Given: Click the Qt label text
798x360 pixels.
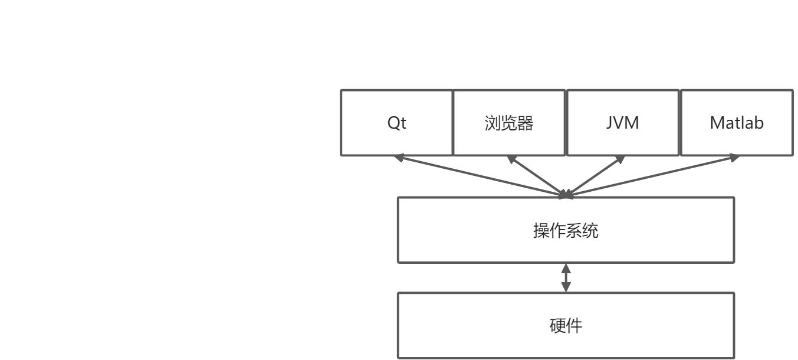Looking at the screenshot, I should point(397,123).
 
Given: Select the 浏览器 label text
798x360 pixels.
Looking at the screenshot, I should point(508,123).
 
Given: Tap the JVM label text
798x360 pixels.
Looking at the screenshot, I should point(622,123).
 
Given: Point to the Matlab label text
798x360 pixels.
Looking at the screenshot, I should point(737,123).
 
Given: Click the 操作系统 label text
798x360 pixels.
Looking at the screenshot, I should point(566,230).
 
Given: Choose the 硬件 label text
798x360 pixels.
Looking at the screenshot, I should point(566,325).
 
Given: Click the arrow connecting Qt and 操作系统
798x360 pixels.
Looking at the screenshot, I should point(481,176).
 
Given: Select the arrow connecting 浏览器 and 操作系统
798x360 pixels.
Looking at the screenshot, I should point(536,175).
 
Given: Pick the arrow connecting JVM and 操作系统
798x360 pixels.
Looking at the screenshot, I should point(595,176).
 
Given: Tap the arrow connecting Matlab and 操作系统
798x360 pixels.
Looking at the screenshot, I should point(652,176).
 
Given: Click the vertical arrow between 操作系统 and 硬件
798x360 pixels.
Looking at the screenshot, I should point(566,277).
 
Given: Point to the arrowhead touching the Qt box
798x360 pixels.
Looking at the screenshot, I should point(399,158).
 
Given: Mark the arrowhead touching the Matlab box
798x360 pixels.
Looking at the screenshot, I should point(734,158).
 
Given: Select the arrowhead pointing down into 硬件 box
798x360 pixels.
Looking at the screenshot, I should point(566,287).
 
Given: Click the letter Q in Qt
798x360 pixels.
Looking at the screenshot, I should point(393,123).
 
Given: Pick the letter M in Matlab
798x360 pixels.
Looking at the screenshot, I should point(717,123).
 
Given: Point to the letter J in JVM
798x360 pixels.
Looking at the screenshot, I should point(609,123).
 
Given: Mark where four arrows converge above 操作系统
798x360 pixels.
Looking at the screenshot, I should point(566,194).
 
